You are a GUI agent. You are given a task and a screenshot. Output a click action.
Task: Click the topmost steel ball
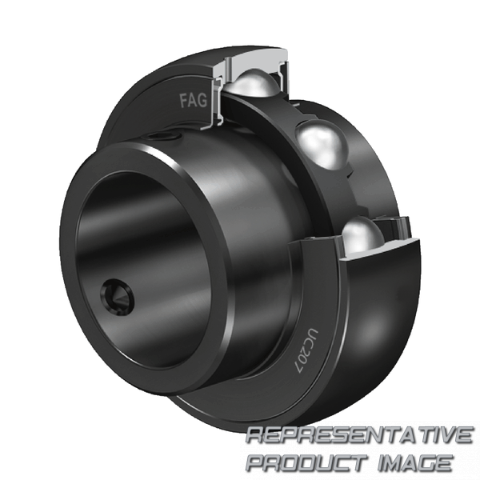coord(255,83)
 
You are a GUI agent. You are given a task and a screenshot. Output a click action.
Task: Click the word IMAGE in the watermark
coord(415,462)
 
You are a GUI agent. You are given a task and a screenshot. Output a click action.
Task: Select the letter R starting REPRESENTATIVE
coord(255,437)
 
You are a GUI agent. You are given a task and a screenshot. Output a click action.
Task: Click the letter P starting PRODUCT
coord(257,462)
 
